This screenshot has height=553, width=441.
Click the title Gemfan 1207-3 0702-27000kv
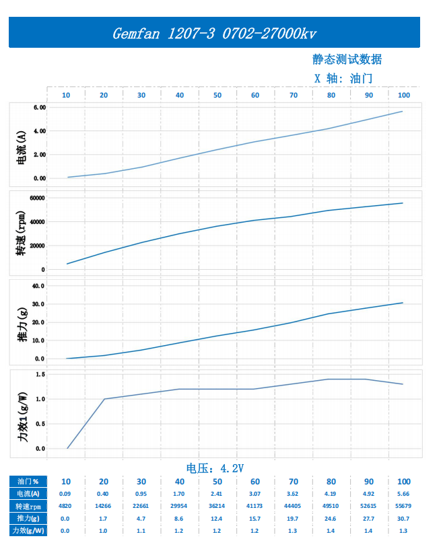click(x=214, y=33)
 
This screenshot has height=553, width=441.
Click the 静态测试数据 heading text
click(x=347, y=60)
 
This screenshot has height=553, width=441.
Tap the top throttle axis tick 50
click(x=217, y=96)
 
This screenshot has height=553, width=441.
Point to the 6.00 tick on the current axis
click(x=38, y=107)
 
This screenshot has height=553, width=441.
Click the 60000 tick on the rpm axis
click(x=36, y=198)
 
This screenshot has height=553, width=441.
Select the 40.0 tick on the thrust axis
click(x=38, y=285)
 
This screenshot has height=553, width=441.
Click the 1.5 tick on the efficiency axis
click(x=40, y=374)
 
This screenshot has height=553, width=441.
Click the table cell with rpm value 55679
click(x=404, y=506)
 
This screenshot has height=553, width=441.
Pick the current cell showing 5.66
click(x=404, y=494)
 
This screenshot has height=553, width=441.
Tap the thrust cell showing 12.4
click(x=217, y=519)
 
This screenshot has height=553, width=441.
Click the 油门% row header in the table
click(x=27, y=482)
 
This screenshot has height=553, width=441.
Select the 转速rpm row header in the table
click(x=27, y=506)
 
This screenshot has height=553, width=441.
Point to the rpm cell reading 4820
click(x=65, y=506)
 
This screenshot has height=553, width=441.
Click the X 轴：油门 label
click(x=343, y=78)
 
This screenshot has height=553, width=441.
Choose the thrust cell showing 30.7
click(x=404, y=519)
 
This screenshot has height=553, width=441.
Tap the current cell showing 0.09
click(x=65, y=494)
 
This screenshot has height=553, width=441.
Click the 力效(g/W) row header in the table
click(x=27, y=531)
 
